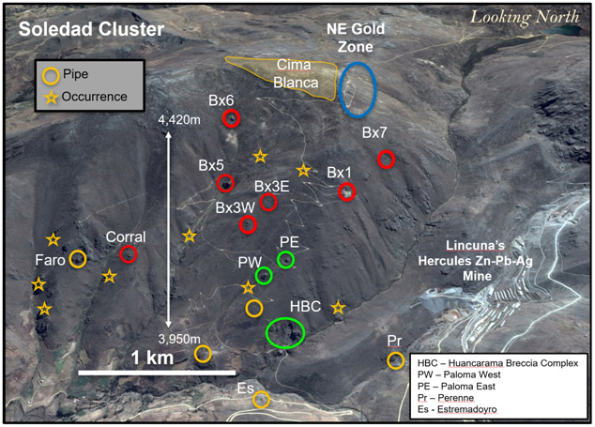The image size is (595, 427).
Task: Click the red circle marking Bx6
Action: pos(232,118)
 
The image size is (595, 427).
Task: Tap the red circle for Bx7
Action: pos(386,160)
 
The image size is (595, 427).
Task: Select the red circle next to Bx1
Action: pos(347,192)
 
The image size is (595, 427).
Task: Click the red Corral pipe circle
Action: pos(129,254)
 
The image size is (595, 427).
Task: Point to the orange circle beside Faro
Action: pos(78,259)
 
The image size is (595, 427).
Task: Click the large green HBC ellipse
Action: pos(285,332)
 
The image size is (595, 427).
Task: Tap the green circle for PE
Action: pos(286,259)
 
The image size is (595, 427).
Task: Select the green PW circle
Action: pos(264,276)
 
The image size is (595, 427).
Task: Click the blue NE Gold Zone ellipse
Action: pos(358,89)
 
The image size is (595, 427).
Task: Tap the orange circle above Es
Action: pos(261,400)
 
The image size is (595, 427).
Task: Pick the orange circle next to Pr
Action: pos(395,360)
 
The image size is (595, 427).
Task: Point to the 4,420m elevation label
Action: pos(180,120)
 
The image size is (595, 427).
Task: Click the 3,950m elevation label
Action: pos(180,339)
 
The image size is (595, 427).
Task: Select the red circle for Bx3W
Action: pos(248,224)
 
